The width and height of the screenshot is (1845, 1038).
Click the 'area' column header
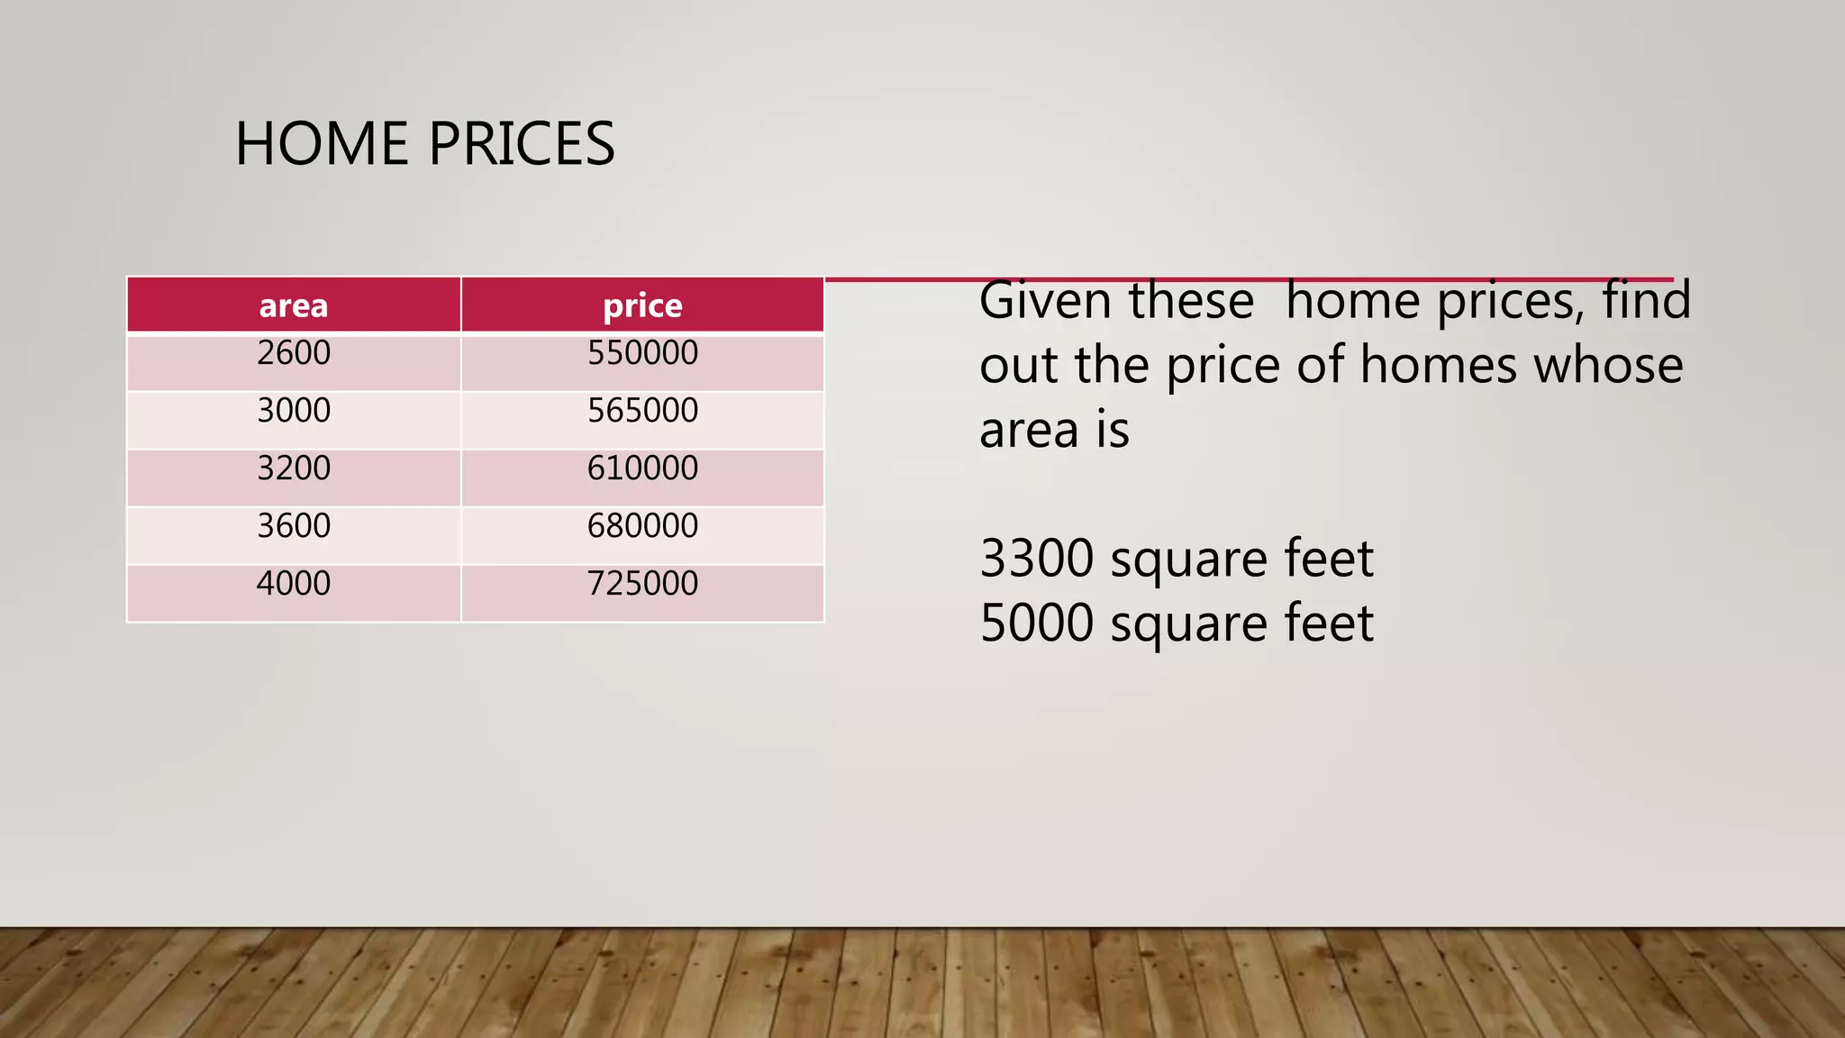click(294, 306)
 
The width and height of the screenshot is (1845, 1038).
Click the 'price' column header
click(642, 306)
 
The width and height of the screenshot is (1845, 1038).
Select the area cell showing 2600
click(294, 353)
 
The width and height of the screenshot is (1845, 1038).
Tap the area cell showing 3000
click(294, 411)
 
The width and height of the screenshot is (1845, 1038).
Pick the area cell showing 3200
click(294, 469)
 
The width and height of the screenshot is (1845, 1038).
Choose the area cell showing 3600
click(294, 526)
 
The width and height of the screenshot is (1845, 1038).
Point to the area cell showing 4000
click(294, 584)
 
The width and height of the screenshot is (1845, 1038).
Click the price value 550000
click(642, 353)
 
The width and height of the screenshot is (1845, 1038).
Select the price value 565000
click(642, 411)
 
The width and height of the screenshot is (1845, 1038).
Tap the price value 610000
click(642, 469)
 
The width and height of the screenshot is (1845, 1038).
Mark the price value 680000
click(642, 526)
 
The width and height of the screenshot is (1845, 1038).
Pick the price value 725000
click(642, 584)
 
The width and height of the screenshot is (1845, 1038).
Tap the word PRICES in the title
click(522, 144)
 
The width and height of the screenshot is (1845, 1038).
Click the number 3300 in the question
click(1037, 559)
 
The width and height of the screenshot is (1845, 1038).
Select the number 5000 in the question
click(1037, 624)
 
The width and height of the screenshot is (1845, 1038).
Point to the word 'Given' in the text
click(1045, 301)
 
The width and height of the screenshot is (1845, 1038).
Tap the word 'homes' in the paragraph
click(1439, 366)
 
